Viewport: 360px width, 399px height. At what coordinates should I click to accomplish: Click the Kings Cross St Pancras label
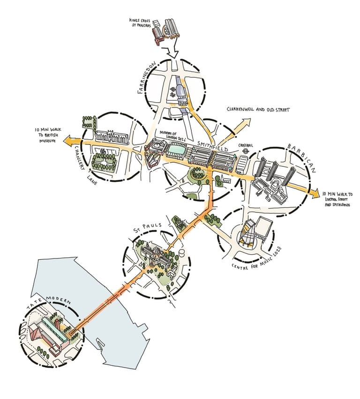coord(140,23)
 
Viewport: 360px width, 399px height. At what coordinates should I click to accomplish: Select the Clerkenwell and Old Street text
coord(258,109)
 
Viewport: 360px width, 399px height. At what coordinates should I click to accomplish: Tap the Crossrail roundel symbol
coord(245,151)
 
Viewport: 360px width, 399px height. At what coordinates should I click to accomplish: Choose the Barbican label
coord(302,157)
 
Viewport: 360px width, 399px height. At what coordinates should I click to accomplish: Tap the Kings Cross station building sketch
coord(166,32)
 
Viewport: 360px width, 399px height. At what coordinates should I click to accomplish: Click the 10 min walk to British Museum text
coord(48,136)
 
